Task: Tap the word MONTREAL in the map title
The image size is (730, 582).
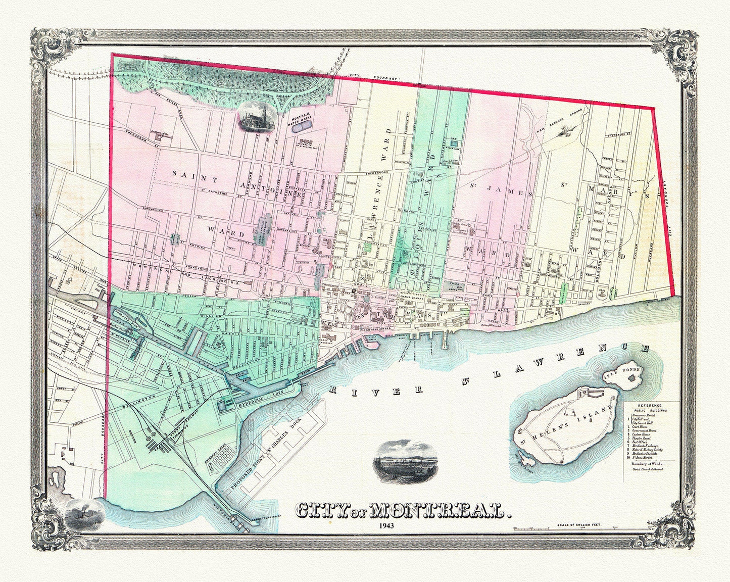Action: (x=437, y=511)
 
